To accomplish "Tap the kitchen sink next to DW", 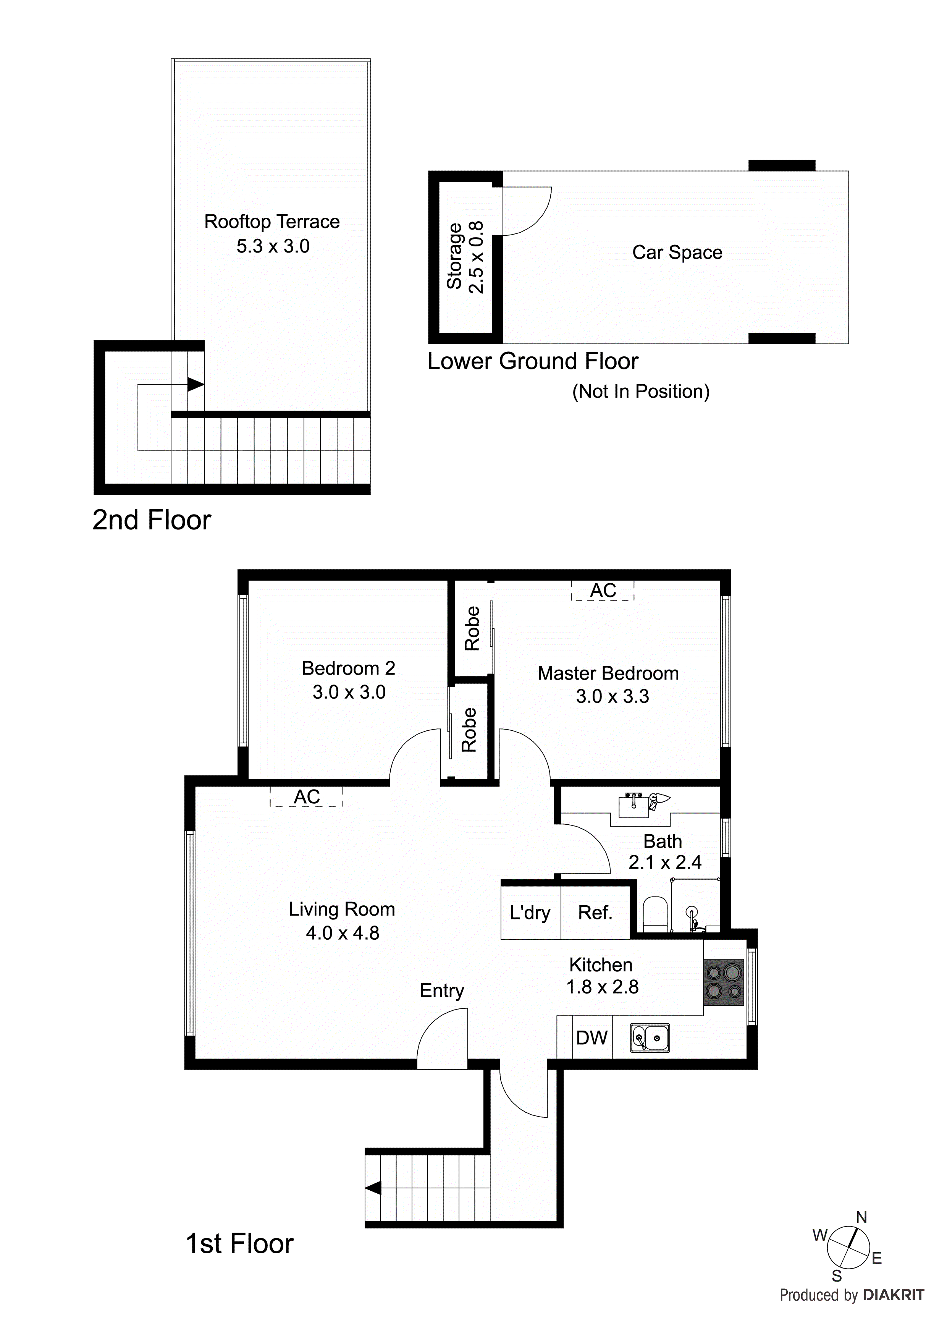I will coord(650,1038).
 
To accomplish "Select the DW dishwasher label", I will coord(591,1038).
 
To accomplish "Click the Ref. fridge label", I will coord(595,912).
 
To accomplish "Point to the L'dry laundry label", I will coord(530,912).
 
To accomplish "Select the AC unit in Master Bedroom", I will coord(602,591).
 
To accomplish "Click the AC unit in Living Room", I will coord(306,797).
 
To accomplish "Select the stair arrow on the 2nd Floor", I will coord(196,385).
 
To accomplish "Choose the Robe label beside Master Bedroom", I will coord(472,629).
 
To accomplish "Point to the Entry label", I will coord(442,990).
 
